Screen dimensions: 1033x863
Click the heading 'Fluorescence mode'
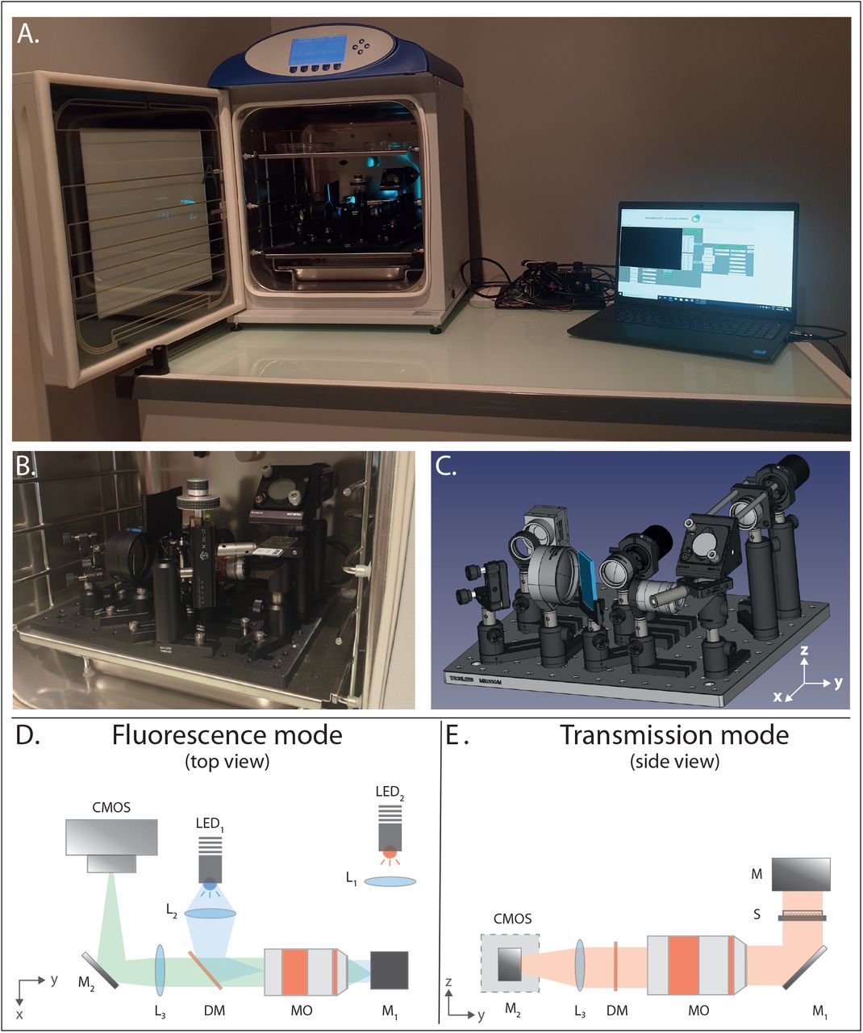(227, 735)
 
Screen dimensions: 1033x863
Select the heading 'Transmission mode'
(674, 735)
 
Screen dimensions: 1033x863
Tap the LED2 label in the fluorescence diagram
(389, 793)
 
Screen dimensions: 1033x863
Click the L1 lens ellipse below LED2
(390, 881)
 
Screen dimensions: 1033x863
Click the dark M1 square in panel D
(389, 970)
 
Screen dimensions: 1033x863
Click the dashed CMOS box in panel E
(510, 963)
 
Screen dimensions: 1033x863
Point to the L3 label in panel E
(580, 1010)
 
